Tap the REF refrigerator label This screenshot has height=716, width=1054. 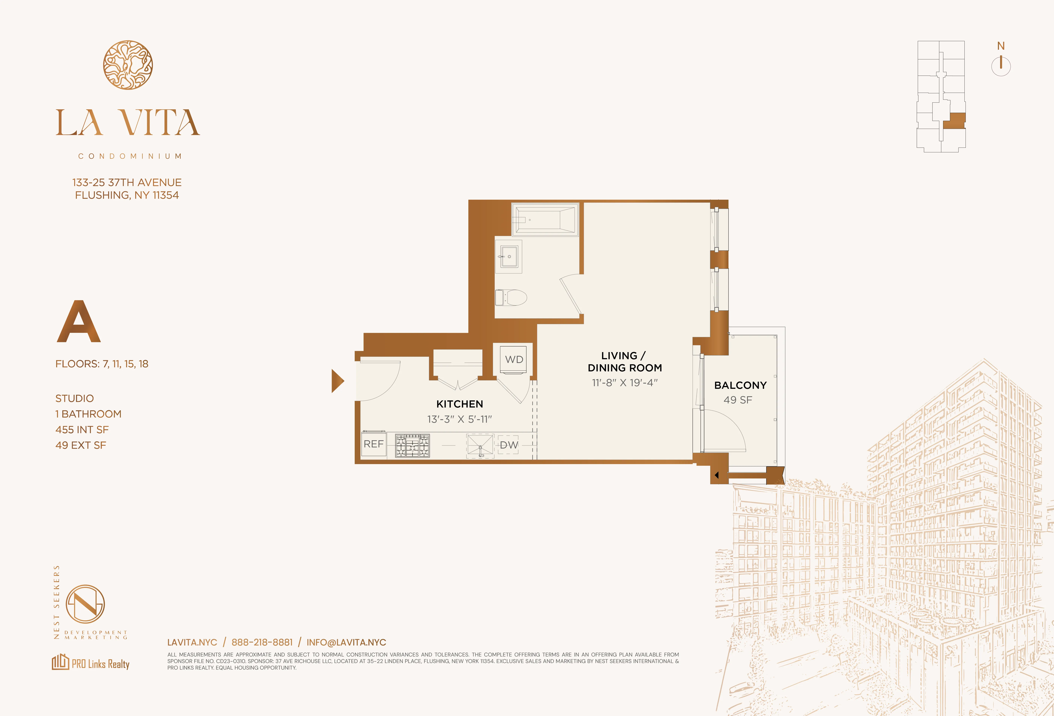point(374,444)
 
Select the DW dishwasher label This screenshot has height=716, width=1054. point(509,445)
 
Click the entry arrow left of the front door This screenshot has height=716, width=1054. point(337,381)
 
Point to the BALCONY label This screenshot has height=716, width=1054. point(740,385)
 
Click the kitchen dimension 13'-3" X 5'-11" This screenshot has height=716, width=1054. point(459,419)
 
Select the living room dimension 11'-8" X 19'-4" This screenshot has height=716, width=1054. point(625,382)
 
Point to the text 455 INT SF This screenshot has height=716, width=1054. point(82,430)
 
